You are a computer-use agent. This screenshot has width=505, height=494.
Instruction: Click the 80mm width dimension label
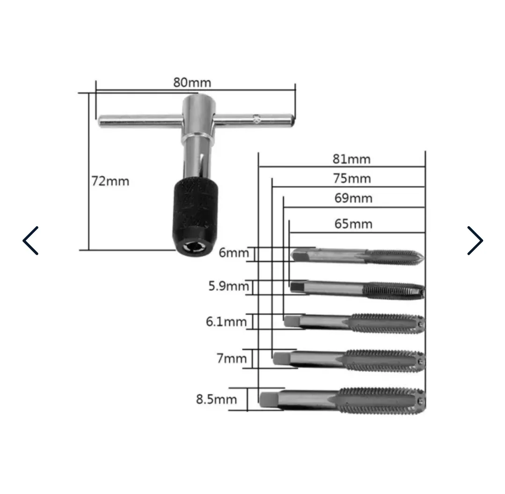192,82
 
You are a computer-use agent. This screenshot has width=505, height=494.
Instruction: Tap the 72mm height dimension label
110,181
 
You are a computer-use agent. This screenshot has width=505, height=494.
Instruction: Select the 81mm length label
351,159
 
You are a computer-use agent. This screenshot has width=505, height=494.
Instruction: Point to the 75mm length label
351,178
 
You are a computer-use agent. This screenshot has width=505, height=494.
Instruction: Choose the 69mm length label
353,198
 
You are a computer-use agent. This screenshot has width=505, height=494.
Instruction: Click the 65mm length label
353,223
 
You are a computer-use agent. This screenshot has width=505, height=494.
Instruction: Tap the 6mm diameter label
234,253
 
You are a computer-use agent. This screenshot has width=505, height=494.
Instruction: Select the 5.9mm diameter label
228,286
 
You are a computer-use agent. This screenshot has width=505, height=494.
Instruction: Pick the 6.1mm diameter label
226,322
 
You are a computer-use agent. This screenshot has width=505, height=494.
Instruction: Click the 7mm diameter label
232,358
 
